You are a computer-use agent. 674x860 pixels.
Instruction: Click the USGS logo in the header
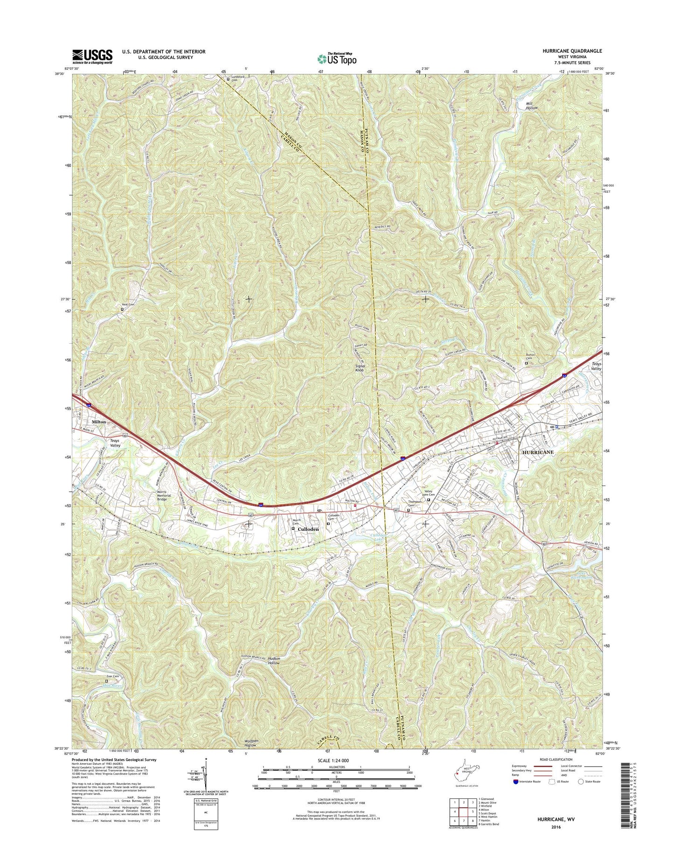(92, 56)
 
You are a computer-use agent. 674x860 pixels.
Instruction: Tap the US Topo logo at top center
(337, 58)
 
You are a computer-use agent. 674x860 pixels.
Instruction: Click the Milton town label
(99, 422)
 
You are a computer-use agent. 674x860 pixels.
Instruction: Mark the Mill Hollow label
(531, 106)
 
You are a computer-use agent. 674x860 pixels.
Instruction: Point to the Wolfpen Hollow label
(251, 744)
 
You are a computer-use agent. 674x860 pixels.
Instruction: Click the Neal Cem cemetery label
(129, 304)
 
